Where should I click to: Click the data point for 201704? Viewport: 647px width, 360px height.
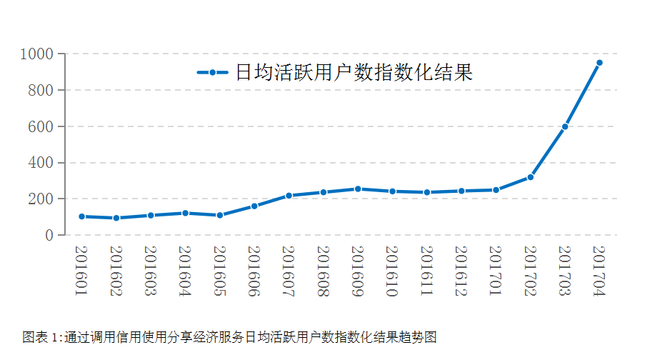[x=599, y=63]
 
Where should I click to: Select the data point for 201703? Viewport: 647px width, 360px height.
[x=565, y=126]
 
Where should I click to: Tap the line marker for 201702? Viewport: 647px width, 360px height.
[x=531, y=177]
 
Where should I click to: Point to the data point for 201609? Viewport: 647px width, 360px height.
[x=358, y=189]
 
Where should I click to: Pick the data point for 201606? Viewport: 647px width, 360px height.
[x=254, y=206]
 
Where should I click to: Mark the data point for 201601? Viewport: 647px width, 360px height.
[x=81, y=216]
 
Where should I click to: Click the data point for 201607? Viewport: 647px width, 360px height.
[x=289, y=196]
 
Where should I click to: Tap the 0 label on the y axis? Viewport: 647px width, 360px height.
[x=49, y=235]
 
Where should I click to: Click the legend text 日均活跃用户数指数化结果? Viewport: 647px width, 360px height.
[x=354, y=73]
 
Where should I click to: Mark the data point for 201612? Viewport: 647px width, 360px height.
[x=461, y=191]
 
